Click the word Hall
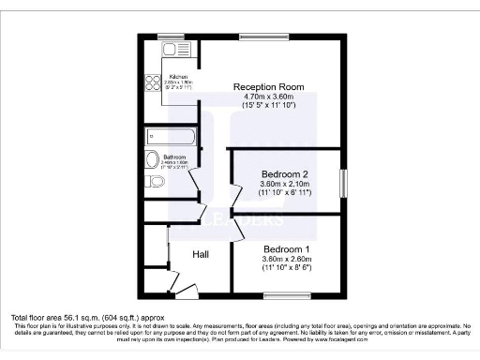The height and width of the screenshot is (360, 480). coord(201,254)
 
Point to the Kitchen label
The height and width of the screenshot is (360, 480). coord(177,77)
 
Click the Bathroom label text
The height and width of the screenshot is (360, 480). coord(175,157)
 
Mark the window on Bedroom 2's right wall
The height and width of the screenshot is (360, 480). coord(343,181)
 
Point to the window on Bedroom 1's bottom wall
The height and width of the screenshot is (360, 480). coord(286,295)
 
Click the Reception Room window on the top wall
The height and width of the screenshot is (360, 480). coord(255,37)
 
